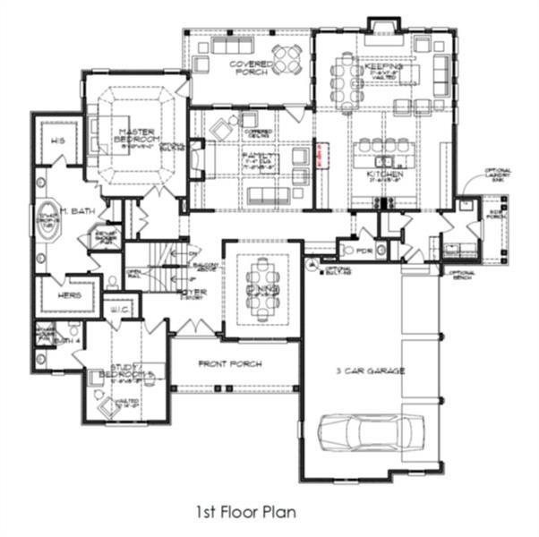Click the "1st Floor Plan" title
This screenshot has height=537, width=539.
point(239,513)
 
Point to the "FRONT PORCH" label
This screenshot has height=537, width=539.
point(235,363)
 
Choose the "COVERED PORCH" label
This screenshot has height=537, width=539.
point(250,69)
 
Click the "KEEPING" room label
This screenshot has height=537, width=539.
point(383,67)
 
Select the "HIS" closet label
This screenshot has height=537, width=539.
point(58,141)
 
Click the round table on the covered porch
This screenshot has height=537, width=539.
point(287,58)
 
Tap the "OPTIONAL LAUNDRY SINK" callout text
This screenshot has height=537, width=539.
point(496,175)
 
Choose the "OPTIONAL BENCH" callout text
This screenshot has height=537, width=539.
point(461,275)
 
